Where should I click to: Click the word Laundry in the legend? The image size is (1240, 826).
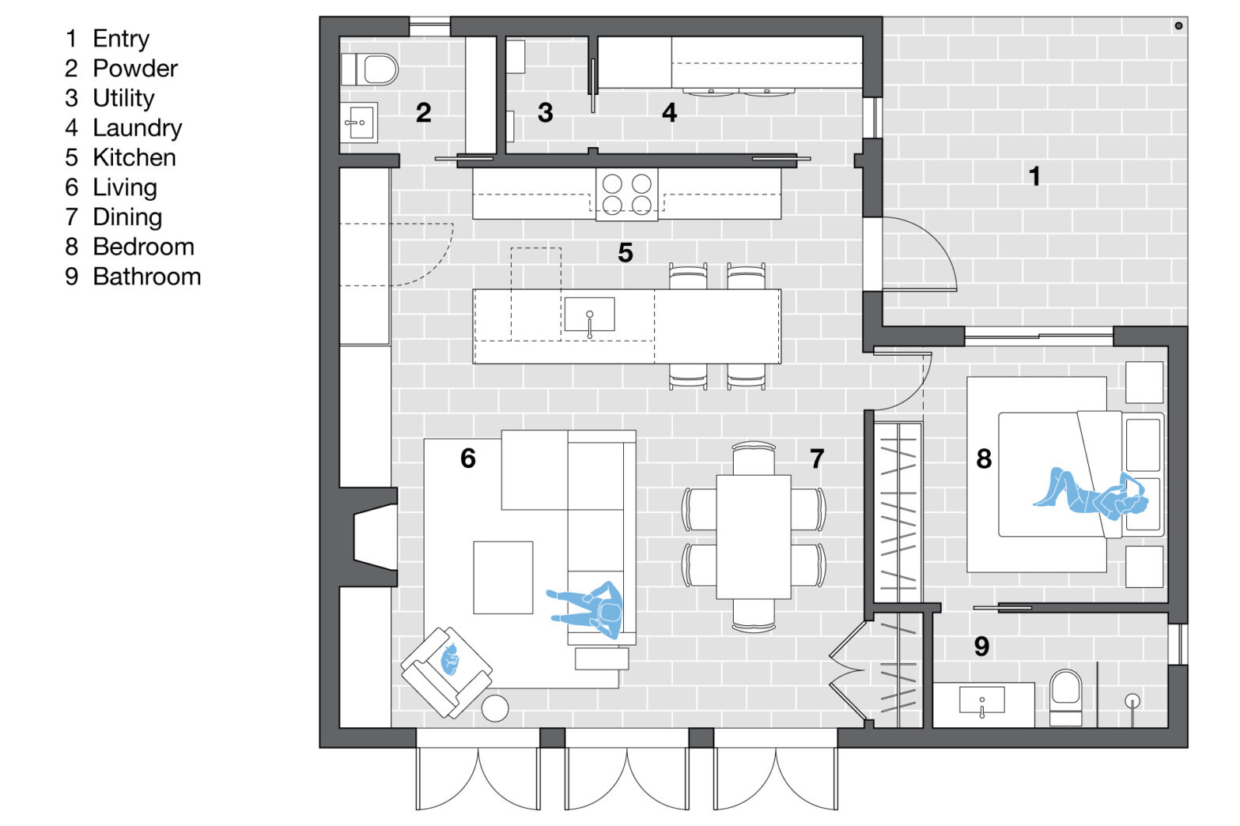click(137, 127)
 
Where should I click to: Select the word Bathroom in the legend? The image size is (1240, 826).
click(146, 277)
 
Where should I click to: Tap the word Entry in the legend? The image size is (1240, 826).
click(120, 38)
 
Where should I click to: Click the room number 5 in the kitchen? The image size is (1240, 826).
click(625, 253)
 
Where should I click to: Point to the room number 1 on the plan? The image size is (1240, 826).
click(1034, 175)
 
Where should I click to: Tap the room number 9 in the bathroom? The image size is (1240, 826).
click(981, 647)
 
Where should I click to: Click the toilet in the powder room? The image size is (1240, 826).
click(370, 70)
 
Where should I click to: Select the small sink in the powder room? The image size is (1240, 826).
click(359, 123)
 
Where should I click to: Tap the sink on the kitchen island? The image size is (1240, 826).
click(589, 315)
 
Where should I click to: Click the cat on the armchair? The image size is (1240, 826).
click(449, 660)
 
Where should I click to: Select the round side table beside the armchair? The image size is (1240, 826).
click(495, 708)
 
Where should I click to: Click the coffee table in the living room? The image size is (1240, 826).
click(503, 577)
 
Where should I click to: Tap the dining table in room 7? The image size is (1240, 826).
click(753, 536)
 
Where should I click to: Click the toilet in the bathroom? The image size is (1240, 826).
click(1065, 695)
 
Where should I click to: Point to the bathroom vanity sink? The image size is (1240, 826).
click(981, 700)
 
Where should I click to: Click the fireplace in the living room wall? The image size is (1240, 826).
click(372, 537)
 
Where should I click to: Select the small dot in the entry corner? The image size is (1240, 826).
click(1178, 26)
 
